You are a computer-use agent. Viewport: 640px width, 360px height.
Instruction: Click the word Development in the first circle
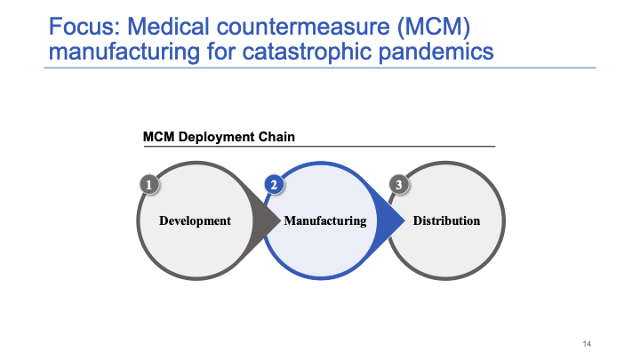pyautogui.click(x=195, y=220)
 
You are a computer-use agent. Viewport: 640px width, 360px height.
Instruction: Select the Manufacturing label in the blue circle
pyautogui.click(x=324, y=220)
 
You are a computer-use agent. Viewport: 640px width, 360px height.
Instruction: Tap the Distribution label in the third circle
pyautogui.click(x=446, y=220)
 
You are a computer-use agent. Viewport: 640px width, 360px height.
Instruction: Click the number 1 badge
pyautogui.click(x=150, y=184)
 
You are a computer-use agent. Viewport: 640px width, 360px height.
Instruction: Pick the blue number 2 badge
pyautogui.click(x=275, y=184)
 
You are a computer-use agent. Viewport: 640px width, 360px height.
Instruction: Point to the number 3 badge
pyautogui.click(x=399, y=184)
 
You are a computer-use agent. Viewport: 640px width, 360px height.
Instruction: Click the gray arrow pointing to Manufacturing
pyautogui.click(x=266, y=220)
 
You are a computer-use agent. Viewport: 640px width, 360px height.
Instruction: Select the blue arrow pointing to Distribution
pyautogui.click(x=391, y=220)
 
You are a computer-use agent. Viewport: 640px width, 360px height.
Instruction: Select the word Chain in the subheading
pyautogui.click(x=276, y=137)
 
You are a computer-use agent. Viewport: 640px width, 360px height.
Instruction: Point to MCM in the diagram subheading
pyautogui.click(x=158, y=137)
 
